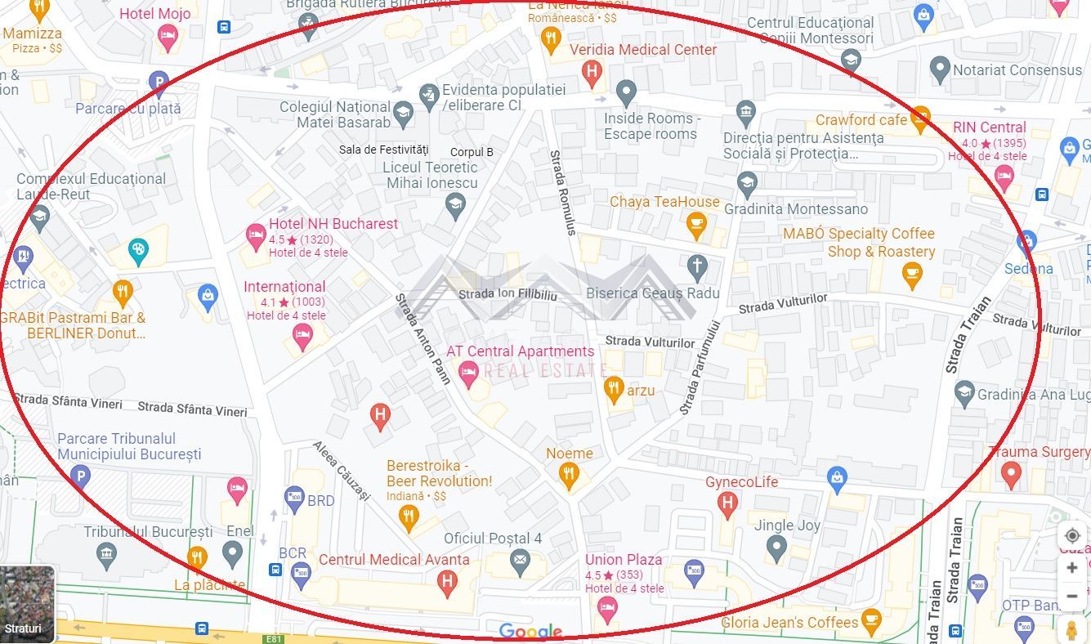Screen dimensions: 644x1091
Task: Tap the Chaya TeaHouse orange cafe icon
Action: click(695, 225)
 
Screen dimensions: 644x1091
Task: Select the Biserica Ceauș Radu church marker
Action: click(696, 265)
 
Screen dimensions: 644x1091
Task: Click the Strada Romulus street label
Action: click(562, 192)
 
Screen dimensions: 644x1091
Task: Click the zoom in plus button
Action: click(1072, 567)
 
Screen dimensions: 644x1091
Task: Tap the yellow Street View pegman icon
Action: click(1071, 628)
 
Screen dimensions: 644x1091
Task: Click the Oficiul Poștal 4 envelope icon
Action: click(519, 561)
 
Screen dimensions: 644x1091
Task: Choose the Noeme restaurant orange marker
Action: click(569, 474)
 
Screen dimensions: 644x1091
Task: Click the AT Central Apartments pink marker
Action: click(468, 375)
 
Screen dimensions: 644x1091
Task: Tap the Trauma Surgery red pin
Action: click(1011, 473)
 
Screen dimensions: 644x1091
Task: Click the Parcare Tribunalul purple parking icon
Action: click(79, 476)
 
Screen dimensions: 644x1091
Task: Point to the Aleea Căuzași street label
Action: click(342, 472)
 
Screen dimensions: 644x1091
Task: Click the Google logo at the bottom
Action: click(530, 631)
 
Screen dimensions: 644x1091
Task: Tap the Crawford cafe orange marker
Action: click(920, 119)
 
